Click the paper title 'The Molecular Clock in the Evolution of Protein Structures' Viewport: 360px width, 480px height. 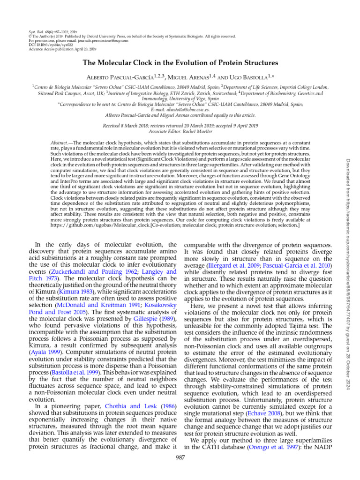coord(180,62)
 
